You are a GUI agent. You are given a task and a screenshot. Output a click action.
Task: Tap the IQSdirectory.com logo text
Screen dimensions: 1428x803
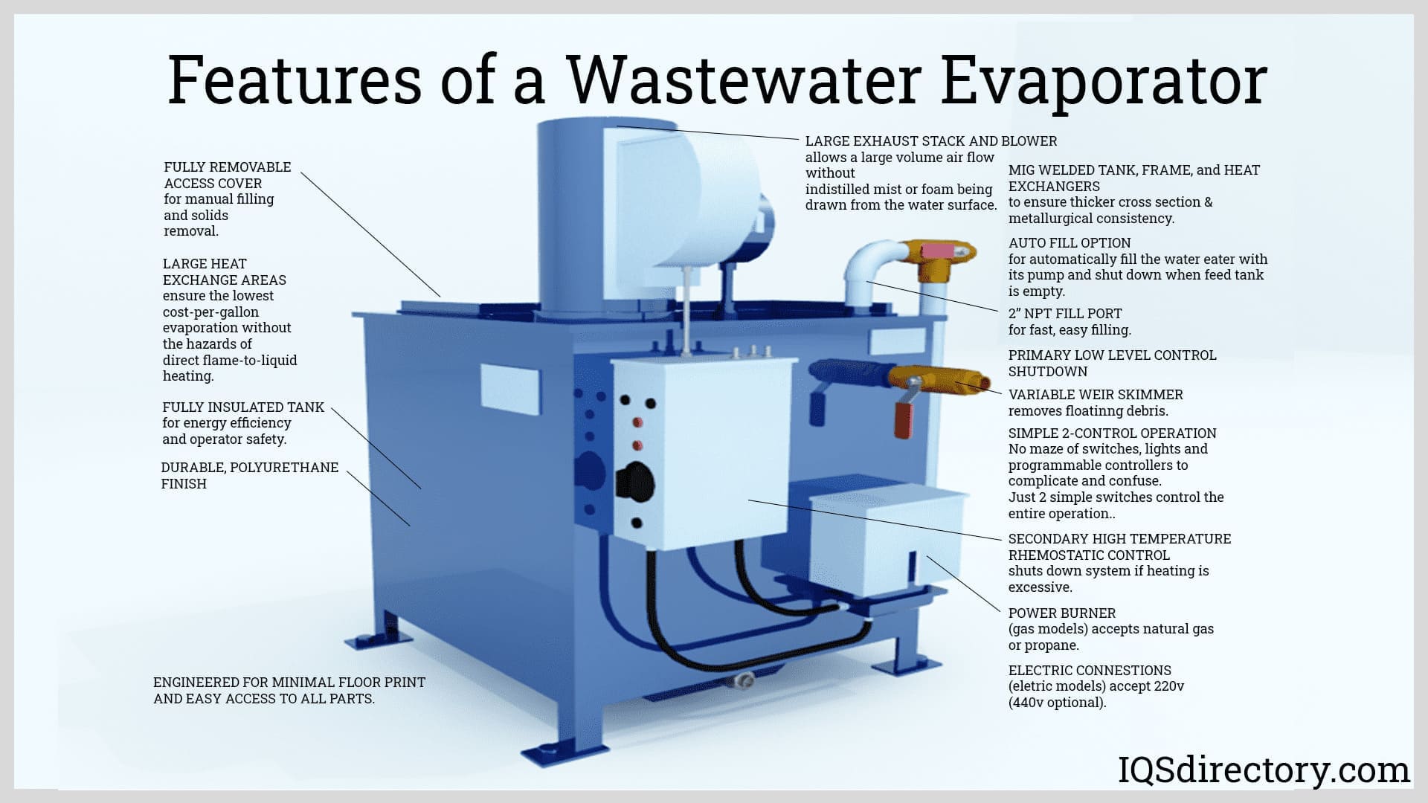coord(1264,770)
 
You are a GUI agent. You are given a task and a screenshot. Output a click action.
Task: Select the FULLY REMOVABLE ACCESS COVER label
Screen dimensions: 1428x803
coord(228,175)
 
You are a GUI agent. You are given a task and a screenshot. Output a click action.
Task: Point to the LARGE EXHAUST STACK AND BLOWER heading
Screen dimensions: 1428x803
coord(931,141)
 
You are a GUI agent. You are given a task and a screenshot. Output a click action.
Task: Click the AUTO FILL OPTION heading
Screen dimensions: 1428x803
coord(1070,243)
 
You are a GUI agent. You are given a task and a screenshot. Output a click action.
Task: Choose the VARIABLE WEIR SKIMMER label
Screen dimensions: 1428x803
coord(1096,395)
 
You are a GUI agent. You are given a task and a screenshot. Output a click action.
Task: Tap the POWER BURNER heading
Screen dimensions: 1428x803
coord(1062,613)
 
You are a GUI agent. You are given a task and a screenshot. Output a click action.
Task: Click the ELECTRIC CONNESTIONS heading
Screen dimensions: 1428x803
coord(1090,671)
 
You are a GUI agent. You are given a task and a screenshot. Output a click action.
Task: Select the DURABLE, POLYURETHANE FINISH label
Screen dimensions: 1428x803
coord(250,475)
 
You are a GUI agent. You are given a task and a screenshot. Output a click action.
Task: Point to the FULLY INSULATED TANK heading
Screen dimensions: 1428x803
coord(243,407)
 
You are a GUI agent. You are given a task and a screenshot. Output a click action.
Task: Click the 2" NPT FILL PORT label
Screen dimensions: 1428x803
coord(1065,314)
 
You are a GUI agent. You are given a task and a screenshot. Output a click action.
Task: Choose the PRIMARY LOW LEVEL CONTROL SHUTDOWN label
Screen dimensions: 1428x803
coord(1112,364)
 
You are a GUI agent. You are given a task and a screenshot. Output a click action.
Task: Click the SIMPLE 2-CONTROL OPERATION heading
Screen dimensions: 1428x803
coord(1112,433)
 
